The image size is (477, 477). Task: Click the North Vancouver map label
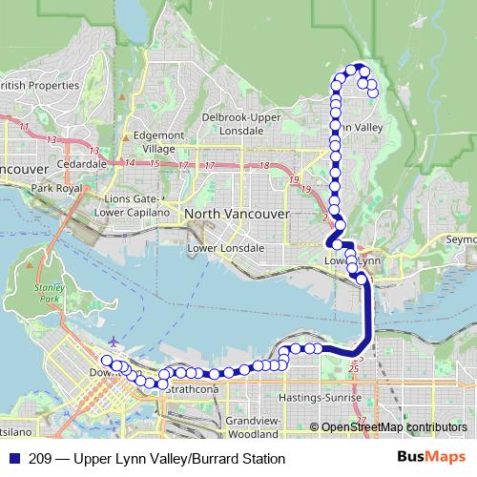coord(236,214)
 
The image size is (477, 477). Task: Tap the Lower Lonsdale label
coord(226,248)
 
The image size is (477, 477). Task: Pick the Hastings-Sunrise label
coord(319,396)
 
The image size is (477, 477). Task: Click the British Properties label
coord(40,84)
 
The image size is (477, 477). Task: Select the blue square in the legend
coord(13,457)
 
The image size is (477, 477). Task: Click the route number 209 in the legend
coord(42,457)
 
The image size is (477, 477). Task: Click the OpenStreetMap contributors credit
coord(393,426)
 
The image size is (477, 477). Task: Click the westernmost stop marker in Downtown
coord(107,361)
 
